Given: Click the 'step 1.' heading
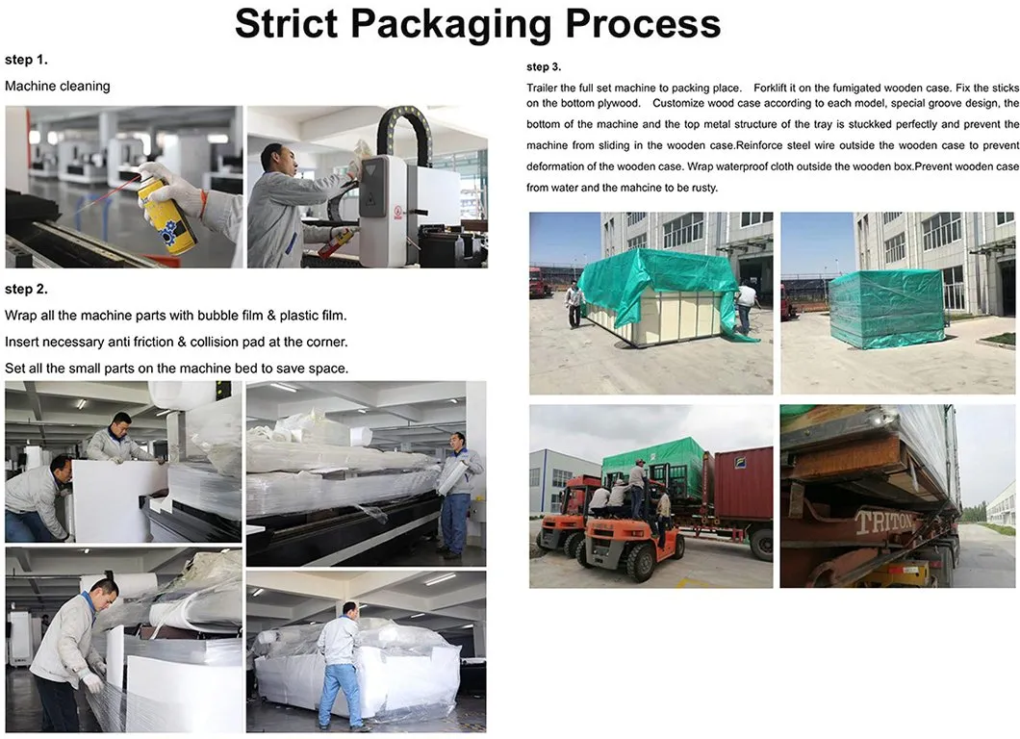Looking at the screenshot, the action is (x=26, y=60).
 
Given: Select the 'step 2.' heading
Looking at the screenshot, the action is (x=26, y=289).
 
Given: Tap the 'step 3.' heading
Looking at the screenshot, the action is (x=544, y=67).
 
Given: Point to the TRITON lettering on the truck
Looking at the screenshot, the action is (x=882, y=522).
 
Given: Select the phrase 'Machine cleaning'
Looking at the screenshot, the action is (x=57, y=87).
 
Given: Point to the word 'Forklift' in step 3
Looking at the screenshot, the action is (x=772, y=88).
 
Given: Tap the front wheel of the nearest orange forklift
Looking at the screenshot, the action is (x=641, y=561).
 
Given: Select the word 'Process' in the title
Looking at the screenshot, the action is (x=644, y=25).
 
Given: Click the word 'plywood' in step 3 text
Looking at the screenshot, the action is (x=619, y=103).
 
